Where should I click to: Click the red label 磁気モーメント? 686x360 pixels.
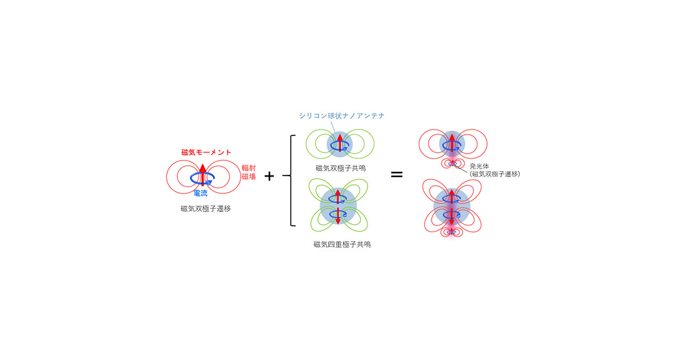(x=206, y=152)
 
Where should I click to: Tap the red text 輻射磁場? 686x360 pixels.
(x=249, y=173)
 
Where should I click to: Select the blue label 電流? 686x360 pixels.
(x=201, y=193)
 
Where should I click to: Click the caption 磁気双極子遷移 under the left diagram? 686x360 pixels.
(x=205, y=209)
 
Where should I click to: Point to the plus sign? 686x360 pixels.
(x=269, y=176)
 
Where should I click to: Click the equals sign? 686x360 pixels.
(x=397, y=174)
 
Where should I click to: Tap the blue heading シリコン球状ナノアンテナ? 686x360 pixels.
(x=341, y=115)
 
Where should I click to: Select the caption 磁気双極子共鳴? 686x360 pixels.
(x=341, y=168)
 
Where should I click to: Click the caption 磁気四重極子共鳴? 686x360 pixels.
(x=342, y=245)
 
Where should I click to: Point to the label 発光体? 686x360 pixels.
(x=479, y=166)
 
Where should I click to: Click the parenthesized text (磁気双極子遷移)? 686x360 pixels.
(x=495, y=174)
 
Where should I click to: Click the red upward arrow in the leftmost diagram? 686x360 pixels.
(x=202, y=175)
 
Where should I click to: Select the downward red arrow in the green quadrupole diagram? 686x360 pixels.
(x=338, y=216)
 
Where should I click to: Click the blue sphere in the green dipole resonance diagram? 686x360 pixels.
(x=340, y=144)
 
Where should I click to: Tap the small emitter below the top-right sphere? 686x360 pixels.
(x=452, y=164)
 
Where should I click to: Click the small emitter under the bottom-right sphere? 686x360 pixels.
(x=451, y=233)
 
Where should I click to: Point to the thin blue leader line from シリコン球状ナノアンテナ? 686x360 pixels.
(x=333, y=127)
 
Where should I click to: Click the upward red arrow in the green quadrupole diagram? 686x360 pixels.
(x=338, y=197)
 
